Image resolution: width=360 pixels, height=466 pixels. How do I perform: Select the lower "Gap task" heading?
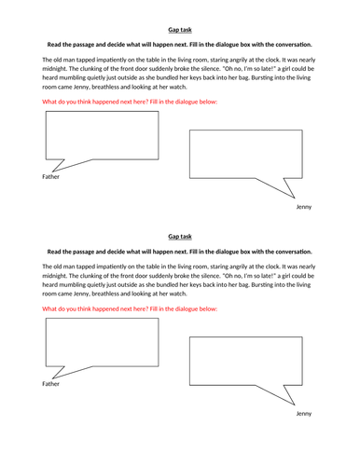coord(180,238)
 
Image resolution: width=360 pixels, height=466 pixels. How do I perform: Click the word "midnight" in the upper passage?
coord(62,71)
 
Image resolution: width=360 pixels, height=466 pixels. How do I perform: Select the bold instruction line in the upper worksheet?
coord(180,45)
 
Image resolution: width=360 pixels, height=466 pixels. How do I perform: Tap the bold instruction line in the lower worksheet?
coord(180,252)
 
